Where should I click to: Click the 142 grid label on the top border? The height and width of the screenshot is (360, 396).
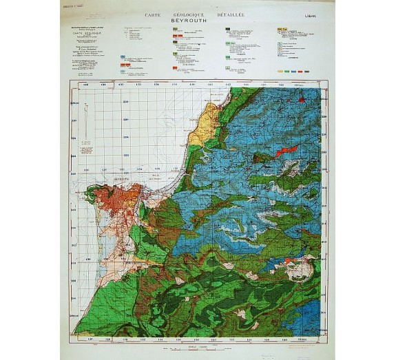tap(227, 85)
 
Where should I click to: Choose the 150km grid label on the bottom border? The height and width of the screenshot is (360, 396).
tap(302, 339)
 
